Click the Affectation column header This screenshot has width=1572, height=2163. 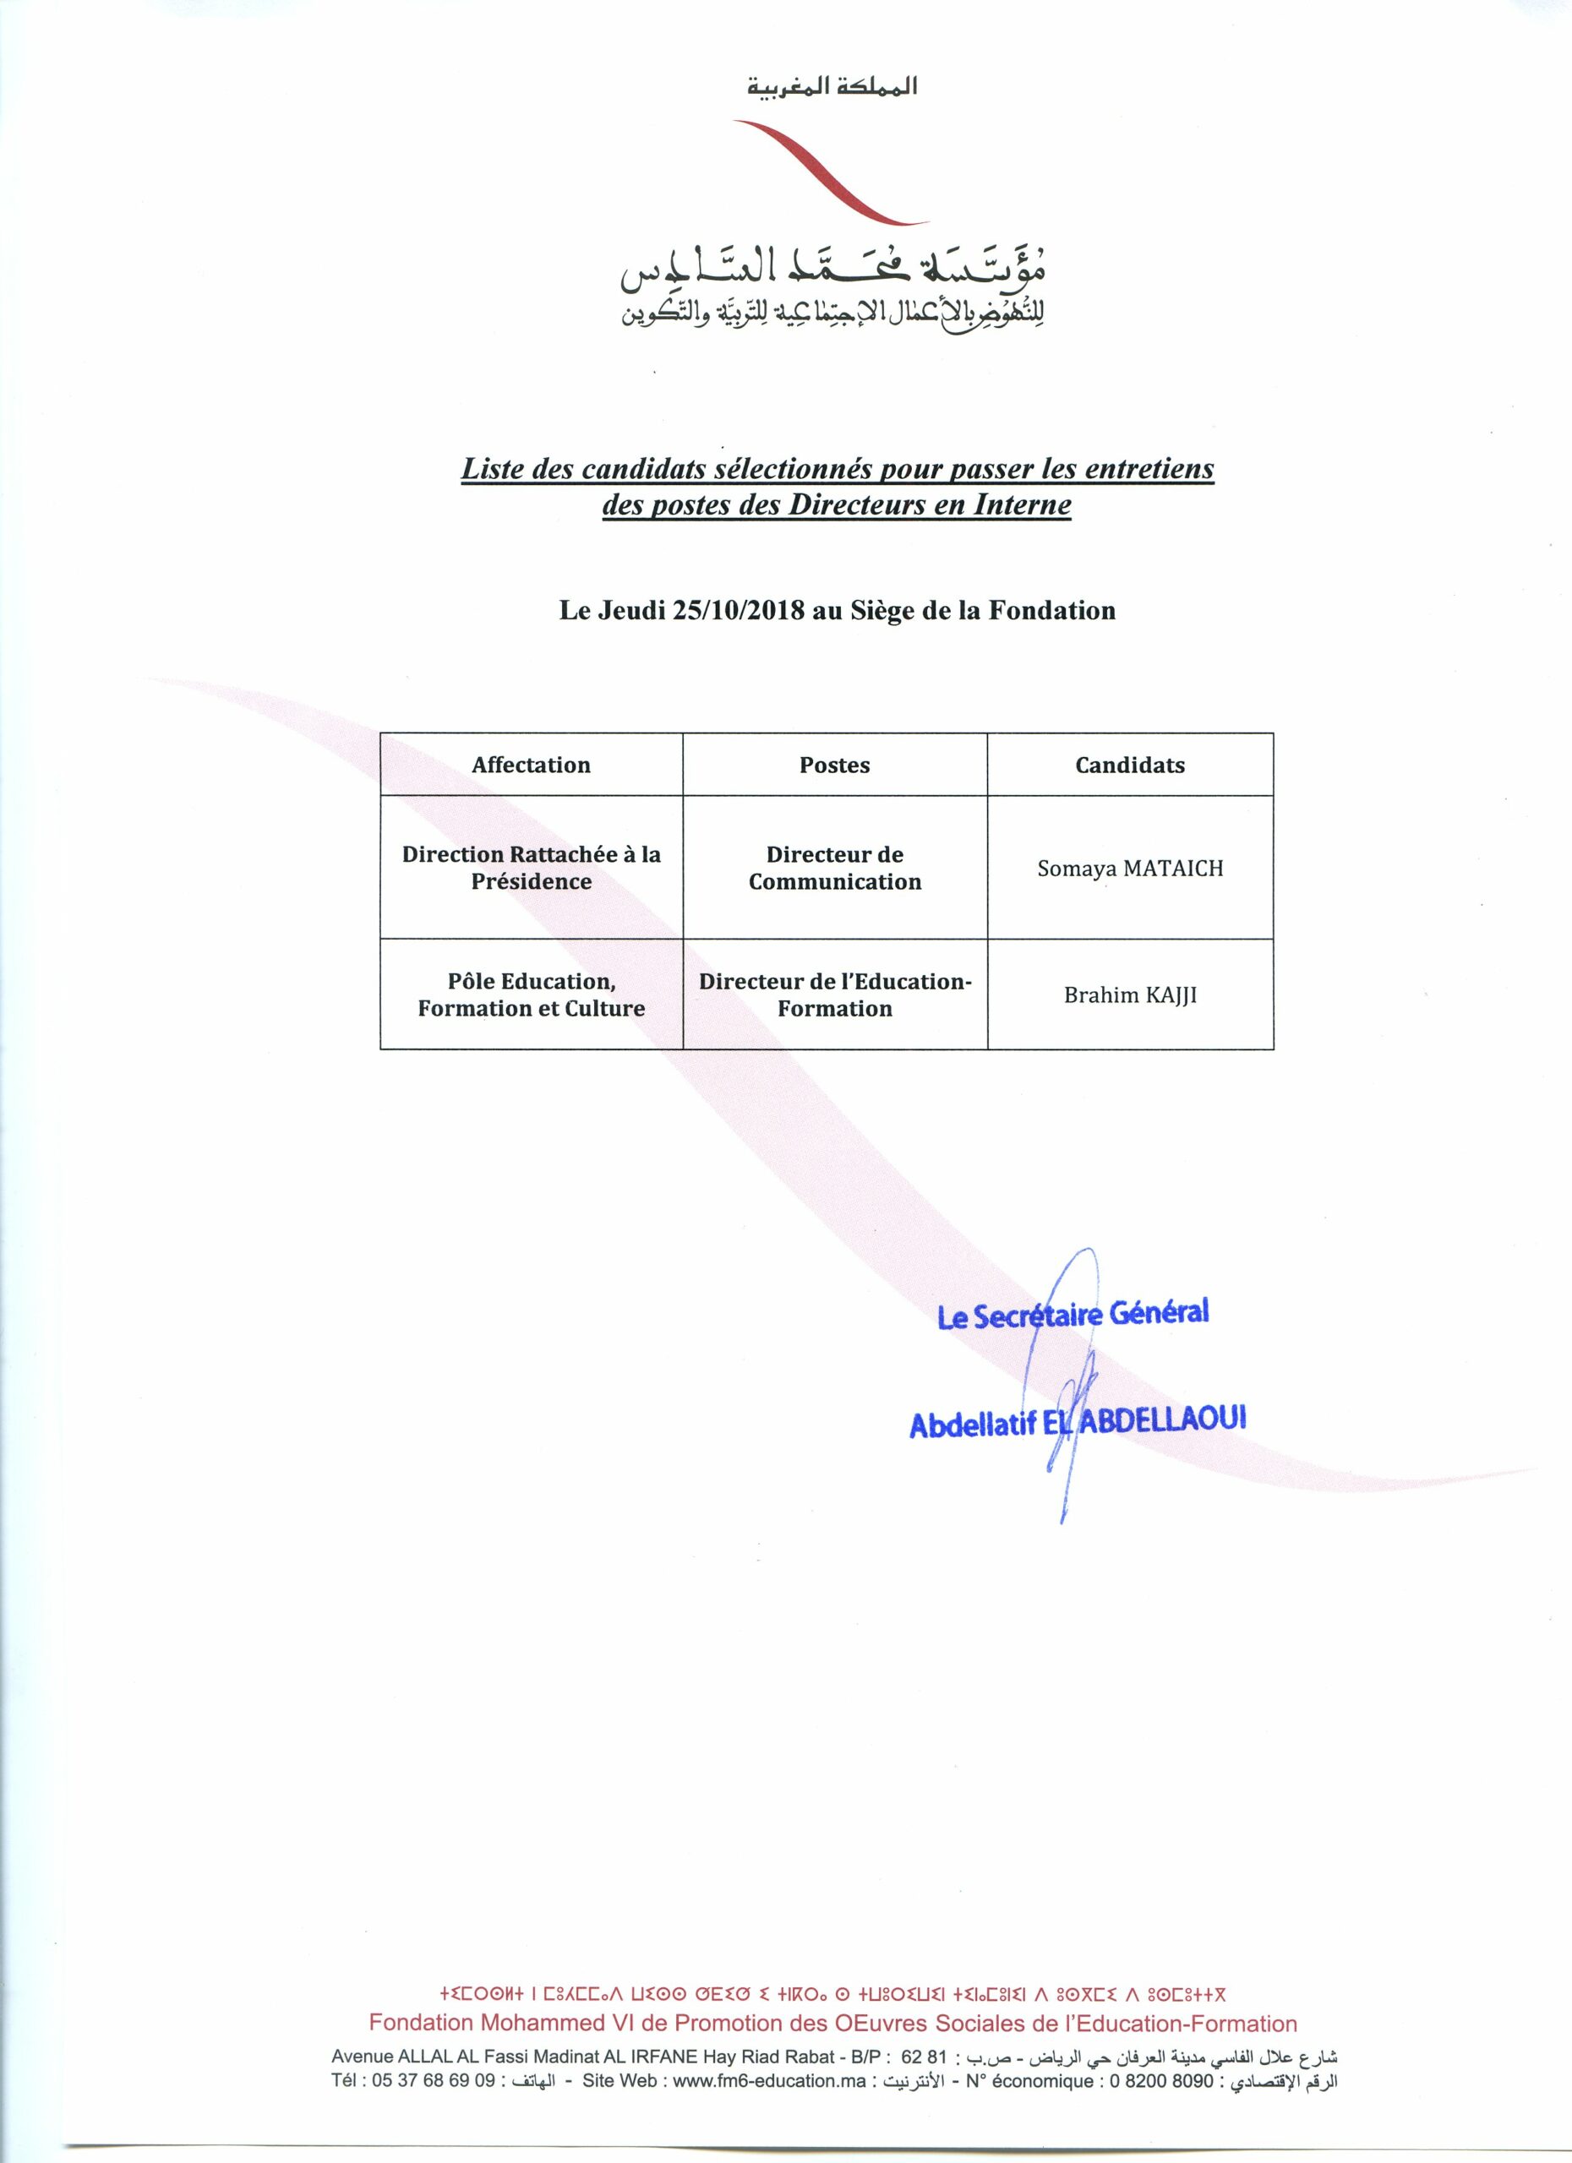coord(531,765)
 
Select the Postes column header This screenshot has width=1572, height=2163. coord(835,765)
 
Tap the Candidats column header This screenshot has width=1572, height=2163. coord(1129,765)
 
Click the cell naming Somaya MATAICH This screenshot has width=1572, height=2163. coord(1129,869)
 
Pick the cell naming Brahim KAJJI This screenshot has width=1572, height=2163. coord(1129,995)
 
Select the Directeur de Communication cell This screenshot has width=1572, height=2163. coord(835,868)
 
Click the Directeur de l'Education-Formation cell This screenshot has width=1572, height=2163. coord(835,994)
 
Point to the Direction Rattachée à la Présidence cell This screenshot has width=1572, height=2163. coord(531,868)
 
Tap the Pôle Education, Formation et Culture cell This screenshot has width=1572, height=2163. coord(531,994)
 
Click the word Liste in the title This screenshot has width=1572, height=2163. coord(492,469)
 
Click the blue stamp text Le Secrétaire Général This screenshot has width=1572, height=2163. coord(1073,1314)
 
